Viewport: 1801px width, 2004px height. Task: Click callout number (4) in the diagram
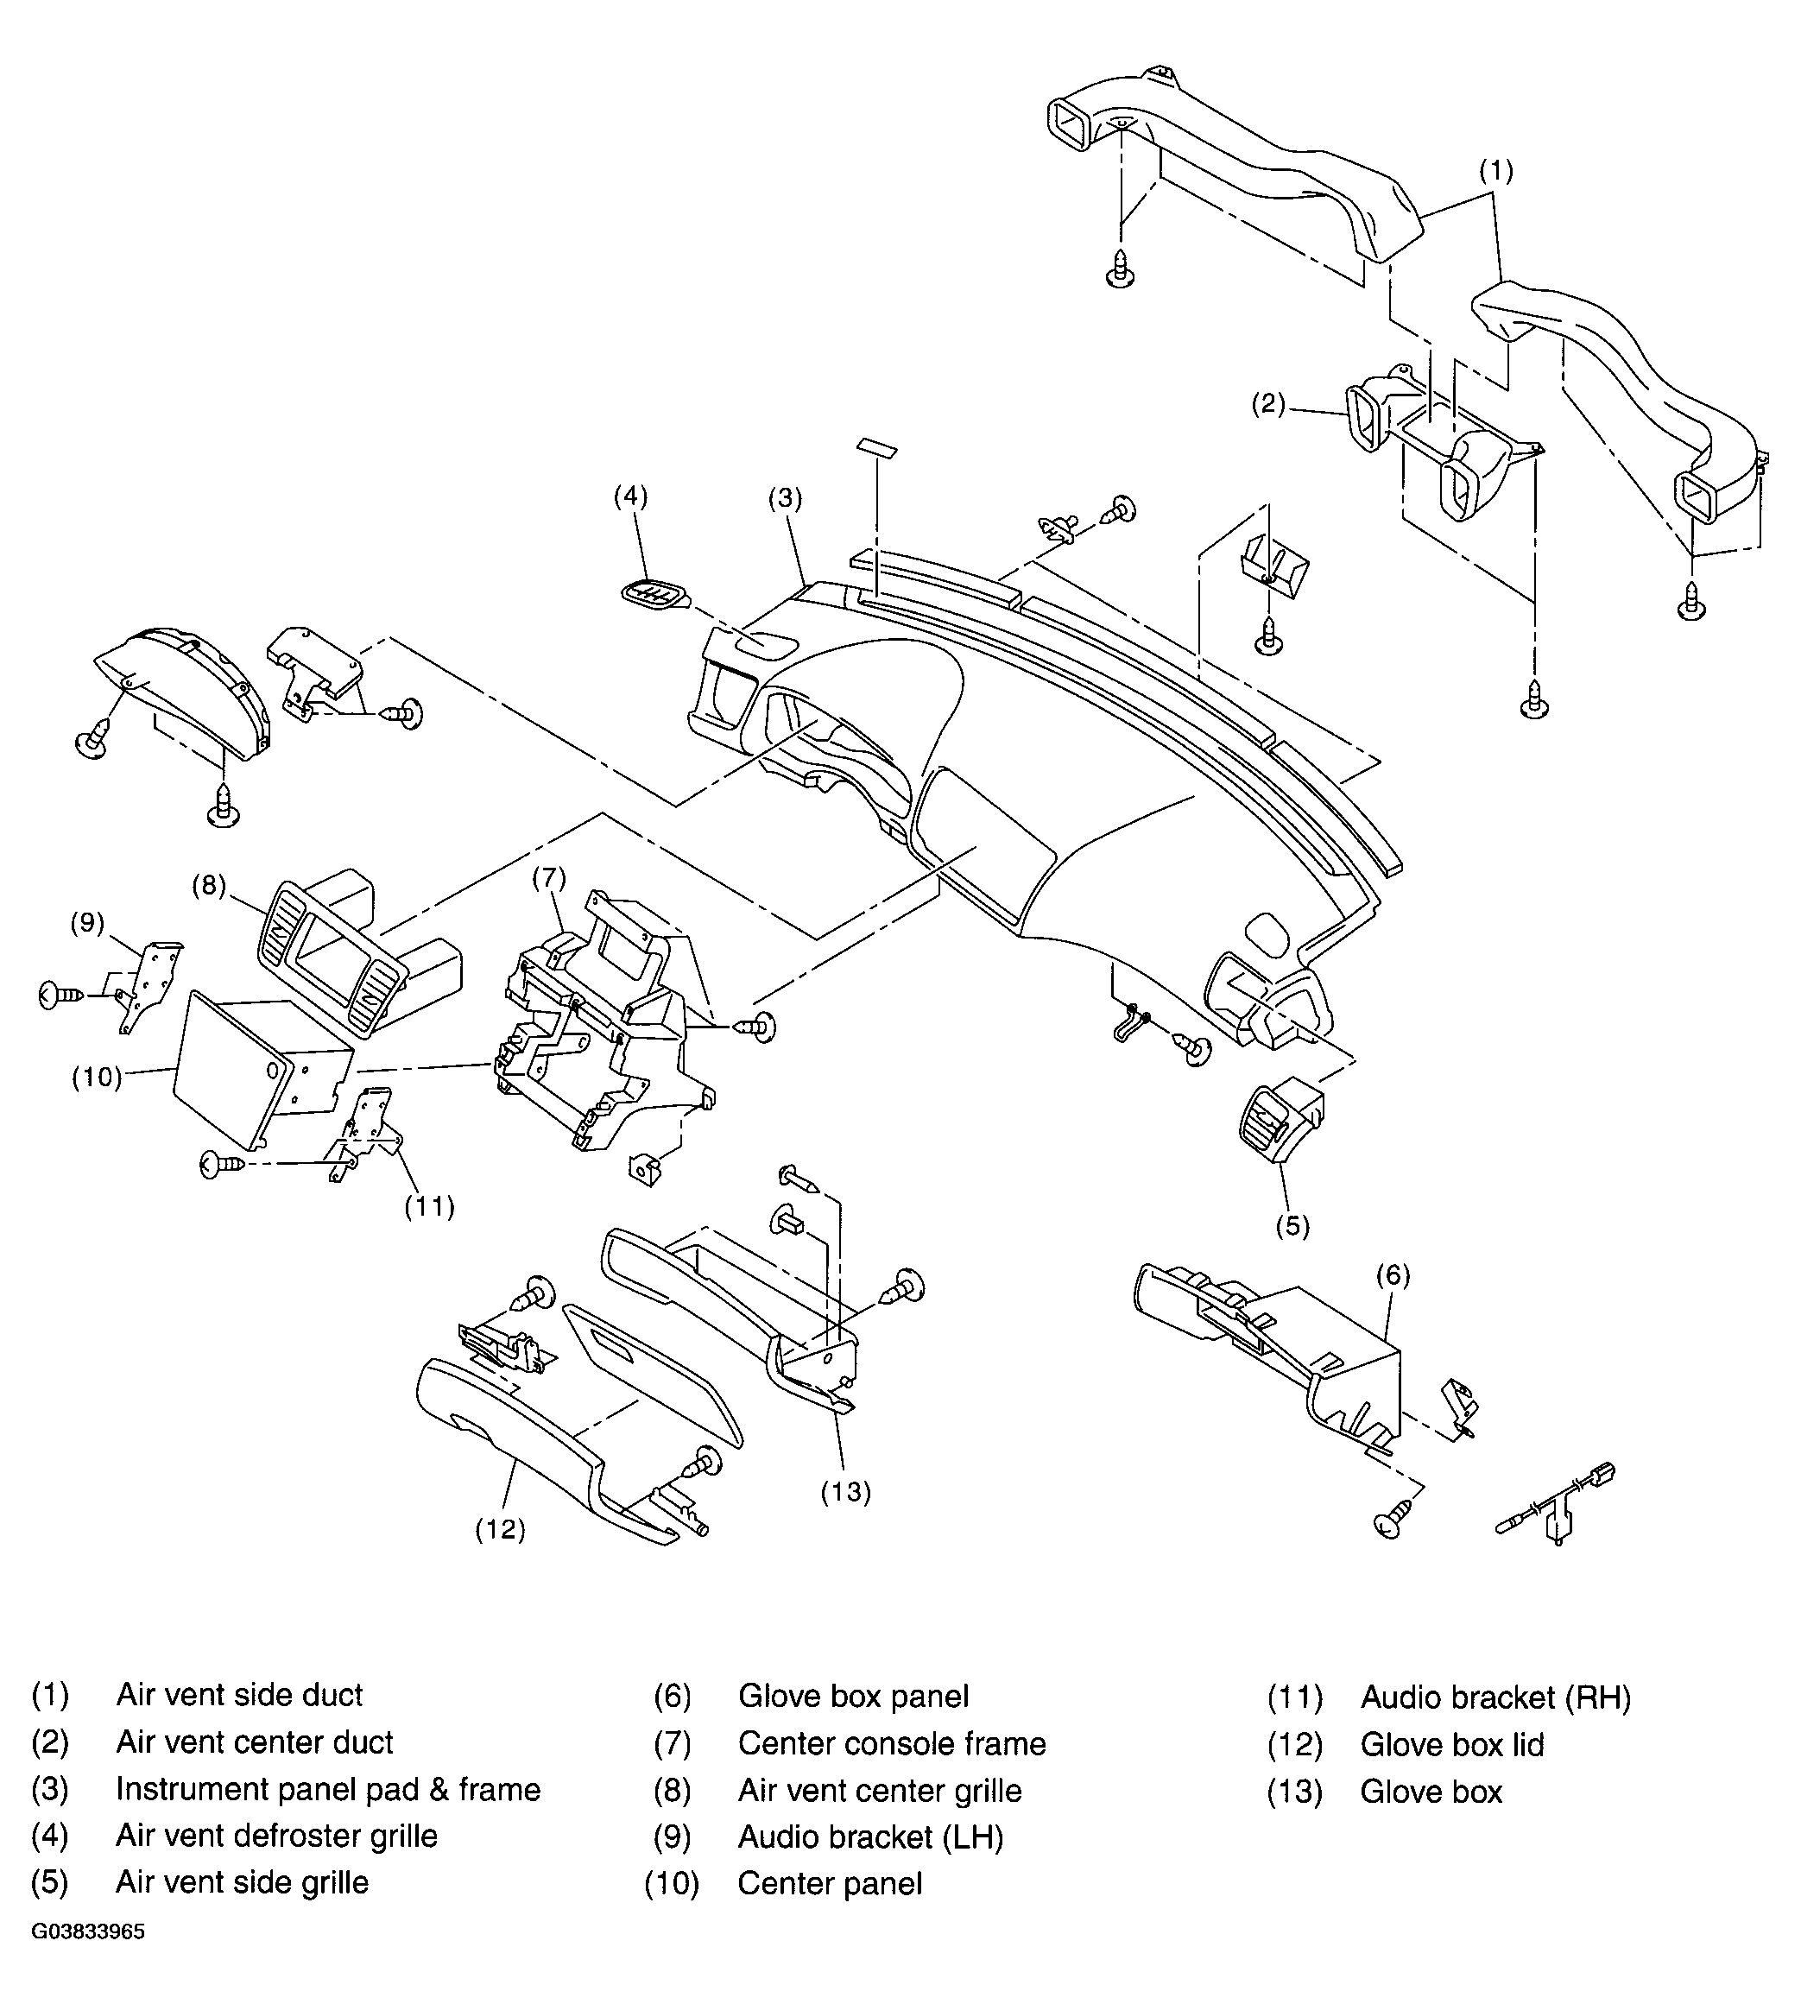tap(630, 496)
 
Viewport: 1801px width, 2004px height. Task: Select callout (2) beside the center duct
tap(1267, 404)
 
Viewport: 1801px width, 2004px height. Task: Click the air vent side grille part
tap(1280, 1116)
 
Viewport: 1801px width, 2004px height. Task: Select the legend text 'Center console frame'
tap(892, 1742)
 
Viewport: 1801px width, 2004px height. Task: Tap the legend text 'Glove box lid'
tap(1451, 1744)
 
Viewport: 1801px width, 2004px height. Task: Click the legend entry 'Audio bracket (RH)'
tap(1495, 1697)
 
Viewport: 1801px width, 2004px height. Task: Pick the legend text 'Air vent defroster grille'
tap(276, 1835)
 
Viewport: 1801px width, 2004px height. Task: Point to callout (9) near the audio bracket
tap(87, 922)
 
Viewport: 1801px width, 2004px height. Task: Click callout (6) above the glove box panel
tap(1393, 1274)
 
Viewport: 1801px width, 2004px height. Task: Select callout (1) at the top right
tap(1495, 171)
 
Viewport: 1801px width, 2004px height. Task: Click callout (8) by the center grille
tap(209, 885)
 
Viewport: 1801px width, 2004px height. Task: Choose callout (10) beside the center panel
tap(96, 1077)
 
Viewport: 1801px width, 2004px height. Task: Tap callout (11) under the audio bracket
tap(429, 1206)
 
